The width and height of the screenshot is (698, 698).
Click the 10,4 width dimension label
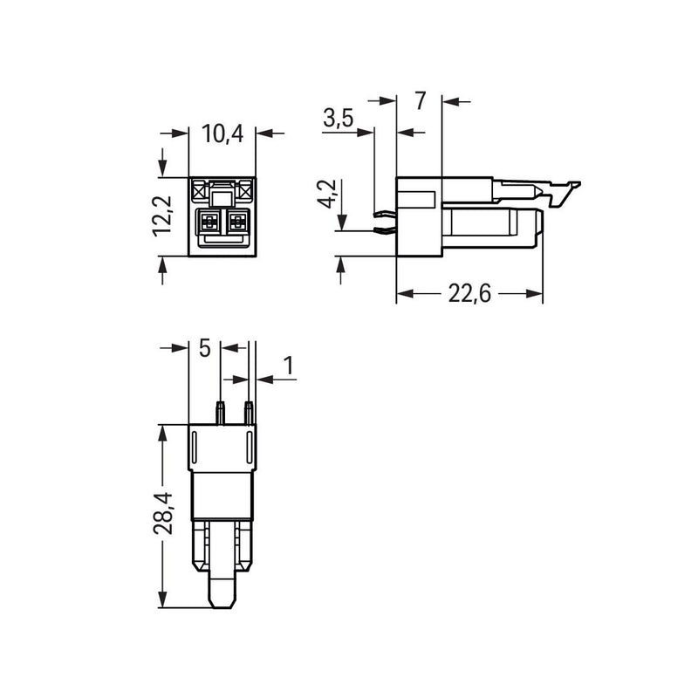[x=222, y=133]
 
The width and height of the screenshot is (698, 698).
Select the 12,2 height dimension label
[x=162, y=216]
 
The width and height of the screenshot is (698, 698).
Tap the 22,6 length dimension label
[x=469, y=294]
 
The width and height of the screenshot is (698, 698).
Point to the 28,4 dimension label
[x=162, y=513]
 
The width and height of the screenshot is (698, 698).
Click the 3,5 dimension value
[x=339, y=119]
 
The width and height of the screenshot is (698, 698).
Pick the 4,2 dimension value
[x=326, y=194]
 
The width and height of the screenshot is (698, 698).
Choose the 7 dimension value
[x=421, y=100]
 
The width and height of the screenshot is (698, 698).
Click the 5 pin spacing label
[x=204, y=347]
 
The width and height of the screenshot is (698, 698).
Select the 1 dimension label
[x=290, y=366]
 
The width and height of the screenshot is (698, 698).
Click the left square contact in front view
[x=209, y=221]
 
